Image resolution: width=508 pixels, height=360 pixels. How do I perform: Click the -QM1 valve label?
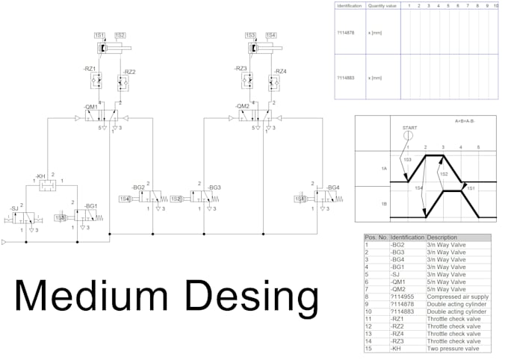pos(92,106)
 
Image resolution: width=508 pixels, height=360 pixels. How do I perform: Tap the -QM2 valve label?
pos(243,106)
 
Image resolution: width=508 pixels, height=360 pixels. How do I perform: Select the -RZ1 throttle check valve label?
pos(90,69)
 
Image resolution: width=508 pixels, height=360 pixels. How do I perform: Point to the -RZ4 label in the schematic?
pos(280,72)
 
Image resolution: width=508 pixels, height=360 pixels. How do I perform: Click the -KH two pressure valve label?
pos(40,176)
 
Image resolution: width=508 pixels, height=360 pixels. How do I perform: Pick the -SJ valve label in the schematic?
pos(14,208)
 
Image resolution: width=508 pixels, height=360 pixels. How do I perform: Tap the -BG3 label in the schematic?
pos(214,187)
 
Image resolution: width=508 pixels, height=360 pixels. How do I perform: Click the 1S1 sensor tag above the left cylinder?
pos(99,35)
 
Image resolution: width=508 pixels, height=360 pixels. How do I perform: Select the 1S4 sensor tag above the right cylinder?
pos(270,35)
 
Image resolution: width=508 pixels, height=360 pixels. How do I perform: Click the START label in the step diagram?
pos(409,128)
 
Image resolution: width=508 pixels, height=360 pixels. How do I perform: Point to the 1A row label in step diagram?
pos(383,169)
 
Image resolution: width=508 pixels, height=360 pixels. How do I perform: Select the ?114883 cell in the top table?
pos(346,78)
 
